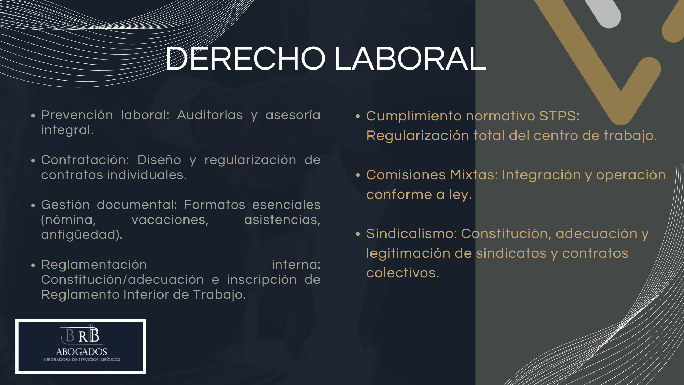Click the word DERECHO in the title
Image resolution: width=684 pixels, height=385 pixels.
tap(245, 58)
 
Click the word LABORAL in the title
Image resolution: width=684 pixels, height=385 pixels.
tap(410, 58)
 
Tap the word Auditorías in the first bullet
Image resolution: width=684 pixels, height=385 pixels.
tap(210, 115)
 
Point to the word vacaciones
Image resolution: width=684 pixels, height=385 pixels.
tap(170, 220)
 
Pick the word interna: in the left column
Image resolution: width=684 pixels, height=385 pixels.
tap(296, 265)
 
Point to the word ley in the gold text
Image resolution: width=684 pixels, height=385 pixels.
tap(460, 195)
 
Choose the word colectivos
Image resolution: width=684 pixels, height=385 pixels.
tap(403, 273)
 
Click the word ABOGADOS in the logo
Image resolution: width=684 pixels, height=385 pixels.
tap(82, 351)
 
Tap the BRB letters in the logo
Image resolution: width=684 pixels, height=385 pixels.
tap(82, 335)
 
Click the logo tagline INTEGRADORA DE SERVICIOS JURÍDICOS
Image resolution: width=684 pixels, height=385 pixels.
tap(81, 360)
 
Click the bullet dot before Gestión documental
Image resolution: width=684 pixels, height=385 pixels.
tap(33, 205)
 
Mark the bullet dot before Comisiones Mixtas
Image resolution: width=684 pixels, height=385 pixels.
tap(358, 175)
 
